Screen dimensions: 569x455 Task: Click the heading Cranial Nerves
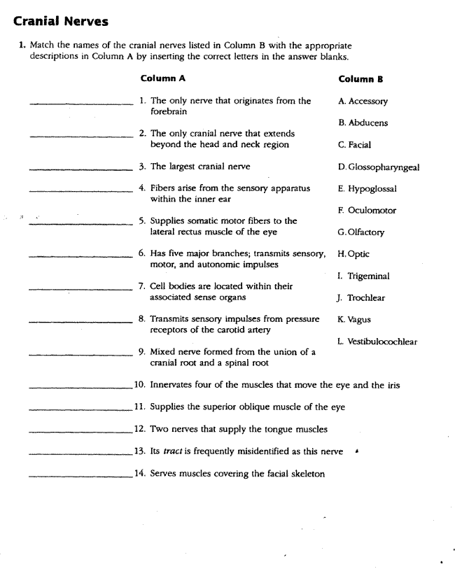(60, 21)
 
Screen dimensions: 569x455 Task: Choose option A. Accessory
(363, 101)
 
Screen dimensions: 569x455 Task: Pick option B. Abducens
(363, 122)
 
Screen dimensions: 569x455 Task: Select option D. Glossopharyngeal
(378, 167)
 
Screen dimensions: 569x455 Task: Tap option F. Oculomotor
(367, 210)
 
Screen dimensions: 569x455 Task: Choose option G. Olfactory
(361, 232)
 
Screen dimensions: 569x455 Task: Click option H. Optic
(353, 254)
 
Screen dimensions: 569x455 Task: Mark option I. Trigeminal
(363, 276)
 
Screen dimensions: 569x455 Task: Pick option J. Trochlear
(361, 297)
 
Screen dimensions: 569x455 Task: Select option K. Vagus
(354, 320)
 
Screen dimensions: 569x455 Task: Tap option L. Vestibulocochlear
(377, 342)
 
